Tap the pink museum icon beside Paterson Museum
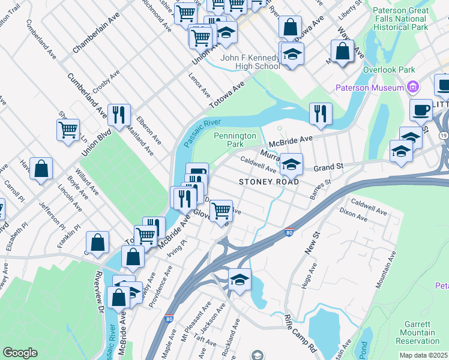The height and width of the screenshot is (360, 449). click(412, 88)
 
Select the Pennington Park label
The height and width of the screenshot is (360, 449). click(235, 140)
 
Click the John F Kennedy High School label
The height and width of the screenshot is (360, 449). click(250, 62)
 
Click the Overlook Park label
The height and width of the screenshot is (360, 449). click(389, 70)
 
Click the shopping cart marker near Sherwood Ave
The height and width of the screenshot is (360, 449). click(68, 129)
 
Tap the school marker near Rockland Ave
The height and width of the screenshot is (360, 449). click(240, 279)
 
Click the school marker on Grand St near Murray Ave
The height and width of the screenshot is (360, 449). click(291, 164)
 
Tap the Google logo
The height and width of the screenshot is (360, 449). click(20, 353)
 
